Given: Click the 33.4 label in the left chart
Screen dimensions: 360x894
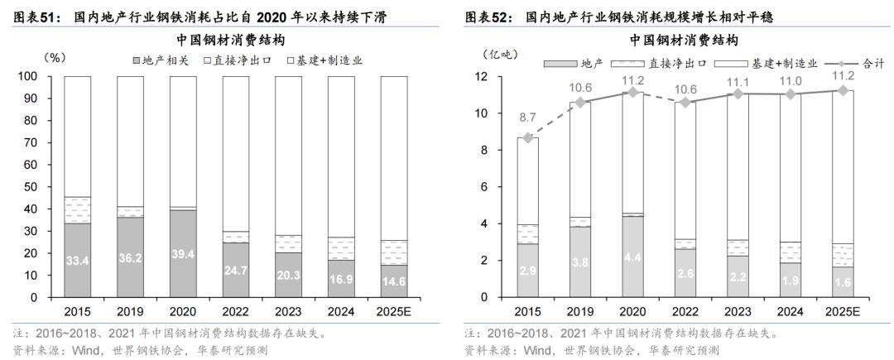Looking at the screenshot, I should [78, 262].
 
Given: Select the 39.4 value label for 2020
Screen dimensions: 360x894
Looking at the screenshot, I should [183, 253].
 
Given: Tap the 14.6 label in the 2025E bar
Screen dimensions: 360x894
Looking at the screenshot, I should [394, 281].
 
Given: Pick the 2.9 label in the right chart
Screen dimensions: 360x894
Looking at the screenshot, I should [529, 271].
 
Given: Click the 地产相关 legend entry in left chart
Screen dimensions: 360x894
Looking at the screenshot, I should [161, 60].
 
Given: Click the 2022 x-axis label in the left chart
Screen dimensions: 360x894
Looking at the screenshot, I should [236, 313].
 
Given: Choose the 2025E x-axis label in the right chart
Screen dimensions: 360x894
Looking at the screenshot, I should [844, 313].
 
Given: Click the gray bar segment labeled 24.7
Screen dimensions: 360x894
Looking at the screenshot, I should [236, 270].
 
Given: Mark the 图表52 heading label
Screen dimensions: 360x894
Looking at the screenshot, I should [478, 17].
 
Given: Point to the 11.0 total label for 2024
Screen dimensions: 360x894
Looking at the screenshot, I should [791, 80].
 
